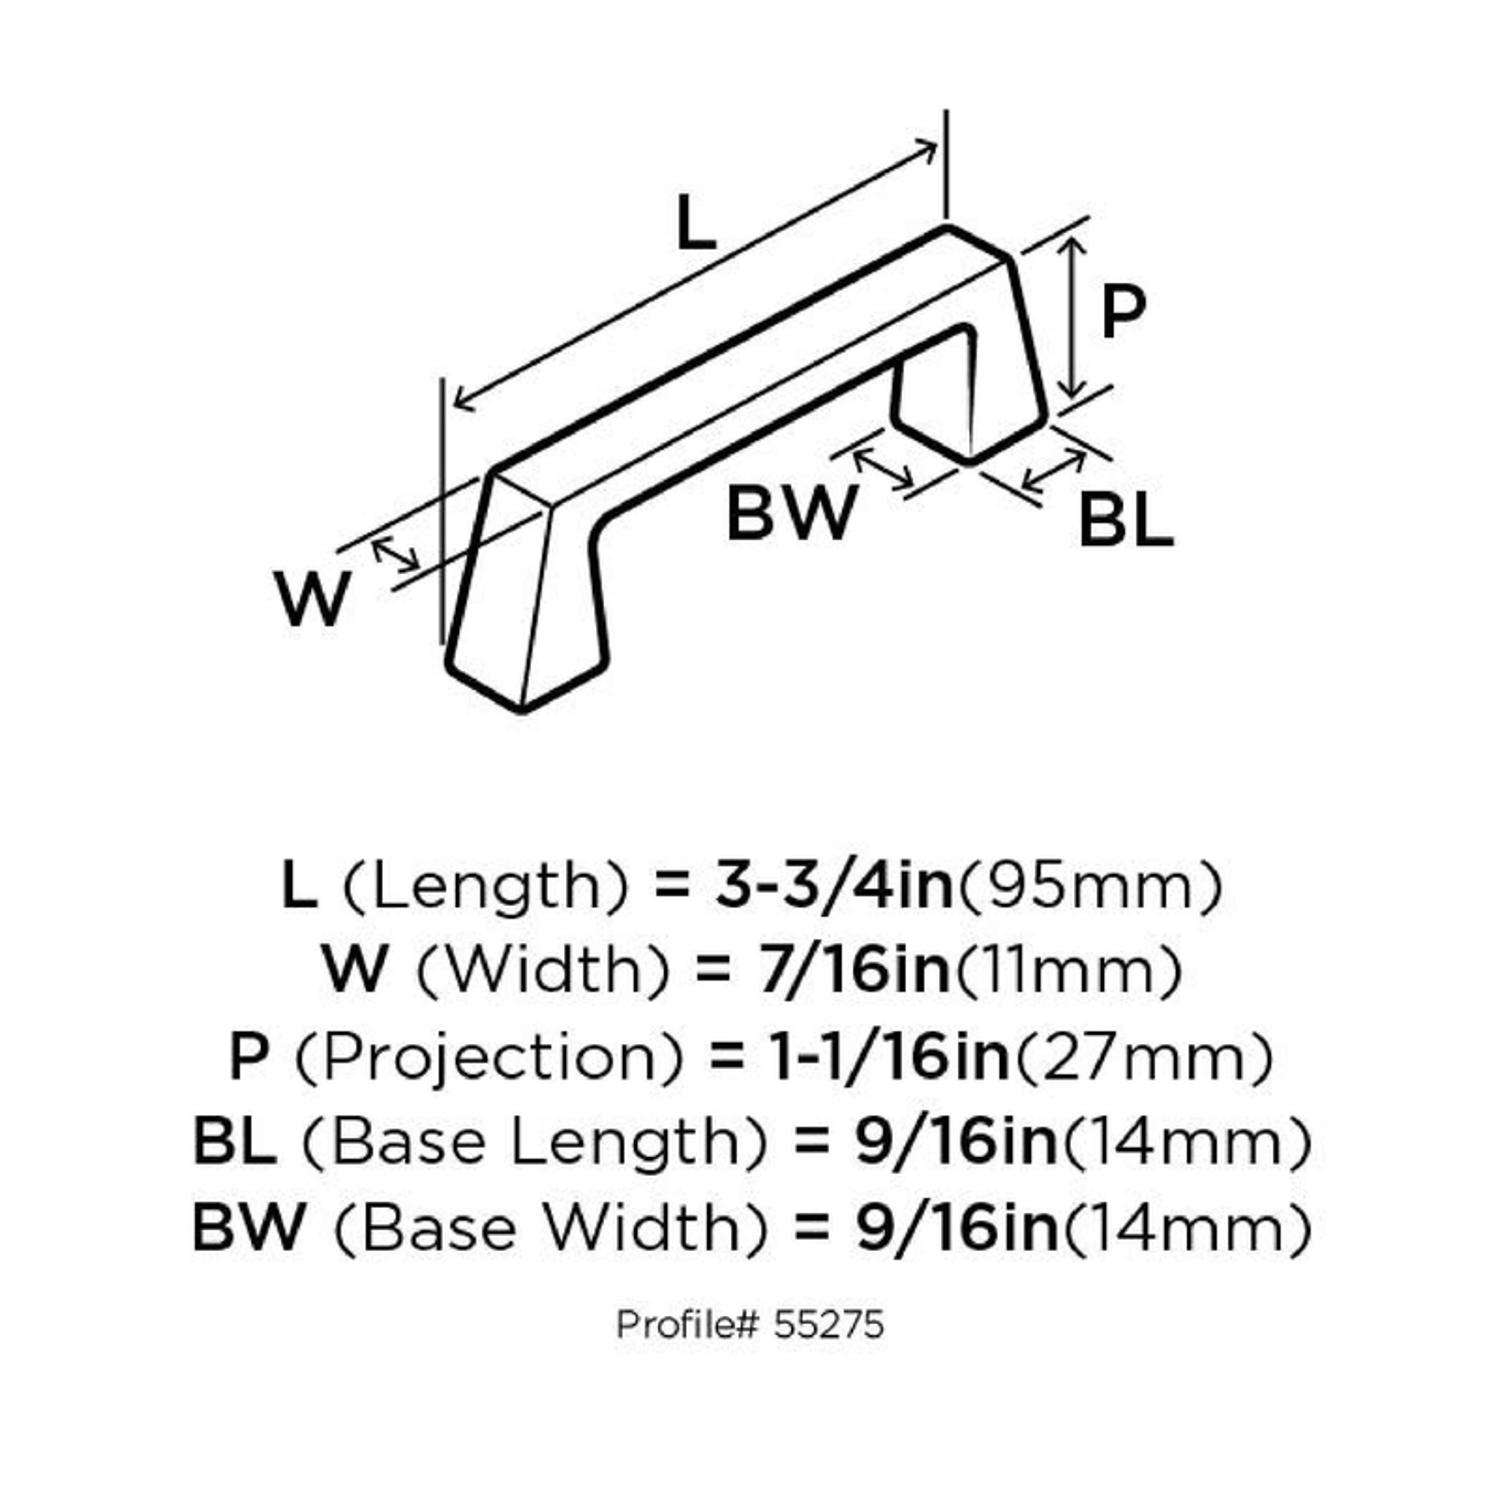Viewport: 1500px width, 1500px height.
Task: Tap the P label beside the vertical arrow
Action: pos(1122,313)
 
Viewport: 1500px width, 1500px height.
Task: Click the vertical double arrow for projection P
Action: pos(1072,318)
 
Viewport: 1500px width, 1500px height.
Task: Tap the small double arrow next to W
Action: pos(396,555)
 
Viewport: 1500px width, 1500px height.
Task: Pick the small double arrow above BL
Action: pos(1055,472)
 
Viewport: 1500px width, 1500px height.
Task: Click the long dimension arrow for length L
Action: pos(695,276)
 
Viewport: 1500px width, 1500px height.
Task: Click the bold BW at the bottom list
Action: pos(247,1227)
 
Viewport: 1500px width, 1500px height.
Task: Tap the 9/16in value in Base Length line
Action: pos(956,1142)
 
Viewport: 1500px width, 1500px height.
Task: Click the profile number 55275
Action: pos(828,1325)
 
